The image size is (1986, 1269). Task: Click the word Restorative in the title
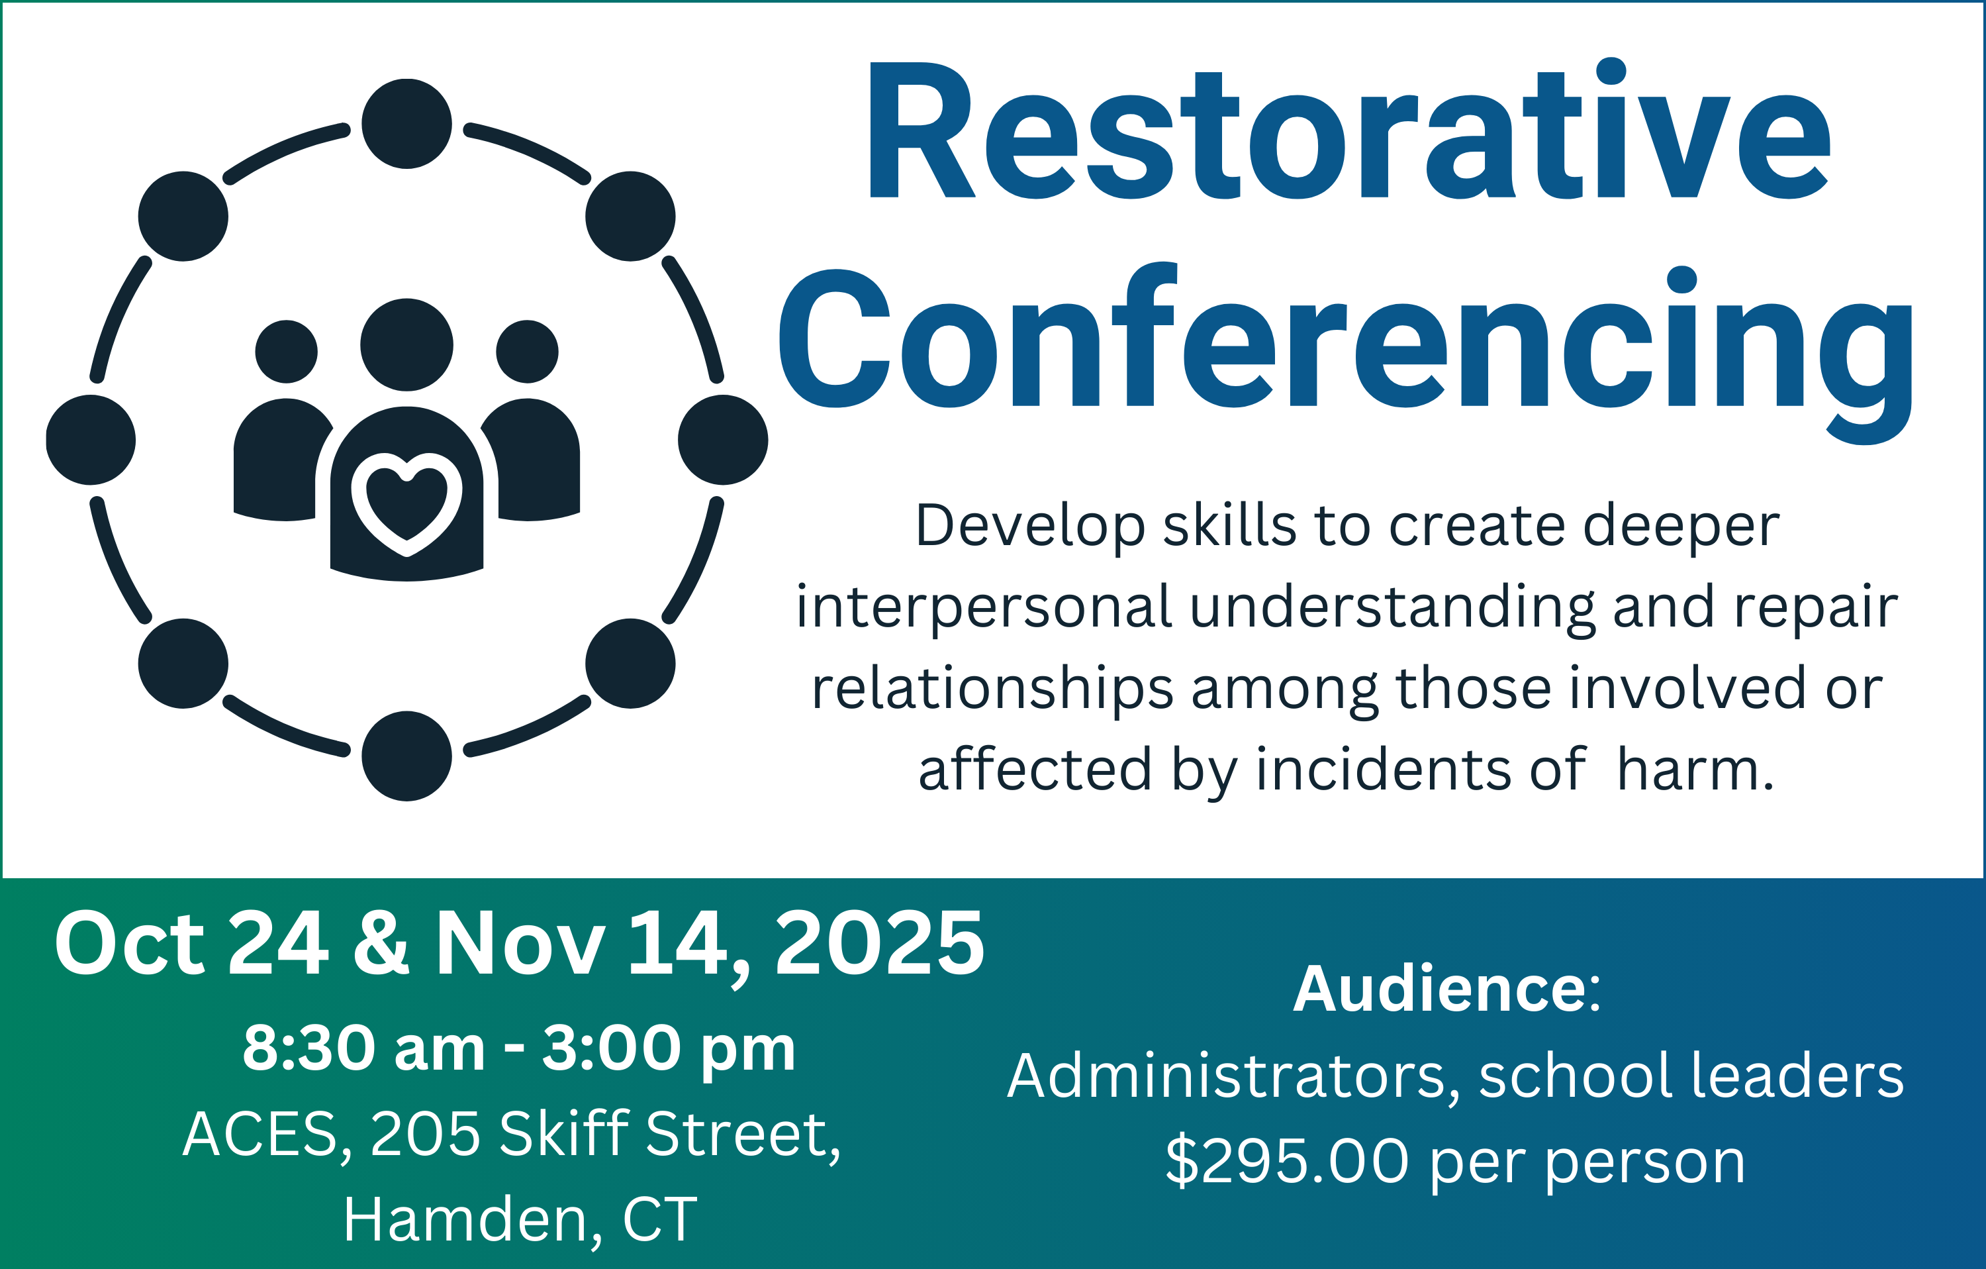pyautogui.click(x=1349, y=130)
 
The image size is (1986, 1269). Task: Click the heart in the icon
pyautogui.click(x=406, y=505)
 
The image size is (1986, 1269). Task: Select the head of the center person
pyautogui.click(x=406, y=345)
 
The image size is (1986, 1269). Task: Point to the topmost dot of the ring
pyautogui.click(x=406, y=124)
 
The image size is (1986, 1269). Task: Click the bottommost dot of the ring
pyautogui.click(x=406, y=756)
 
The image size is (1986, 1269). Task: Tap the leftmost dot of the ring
pyautogui.click(x=91, y=440)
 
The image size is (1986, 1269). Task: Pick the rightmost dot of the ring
pyautogui.click(x=724, y=440)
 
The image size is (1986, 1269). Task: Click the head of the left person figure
pyautogui.click(x=286, y=352)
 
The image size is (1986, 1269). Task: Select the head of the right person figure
pyautogui.click(x=527, y=352)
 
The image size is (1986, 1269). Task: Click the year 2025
pyautogui.click(x=880, y=943)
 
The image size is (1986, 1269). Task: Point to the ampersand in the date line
pyautogui.click(x=381, y=943)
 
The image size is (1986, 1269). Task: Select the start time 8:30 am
pyautogui.click(x=363, y=1048)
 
